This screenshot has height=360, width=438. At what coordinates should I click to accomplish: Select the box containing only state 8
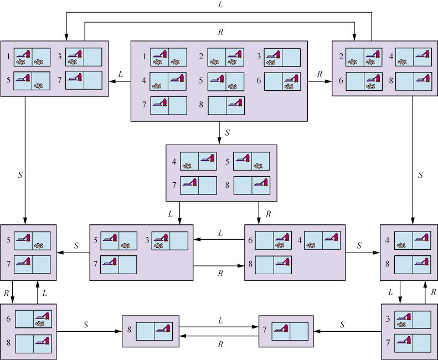[151, 331]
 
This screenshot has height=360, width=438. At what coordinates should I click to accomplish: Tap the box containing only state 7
[286, 331]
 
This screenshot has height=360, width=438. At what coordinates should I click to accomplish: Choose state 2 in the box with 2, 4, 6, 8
[364, 57]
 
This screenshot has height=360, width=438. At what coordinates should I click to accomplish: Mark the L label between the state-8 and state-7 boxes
[220, 320]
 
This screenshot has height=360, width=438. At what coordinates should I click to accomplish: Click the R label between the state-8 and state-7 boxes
[220, 343]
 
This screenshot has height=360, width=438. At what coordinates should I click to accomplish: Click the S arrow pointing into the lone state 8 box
[89, 331]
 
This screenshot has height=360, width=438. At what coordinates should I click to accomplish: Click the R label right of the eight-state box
[320, 73]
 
